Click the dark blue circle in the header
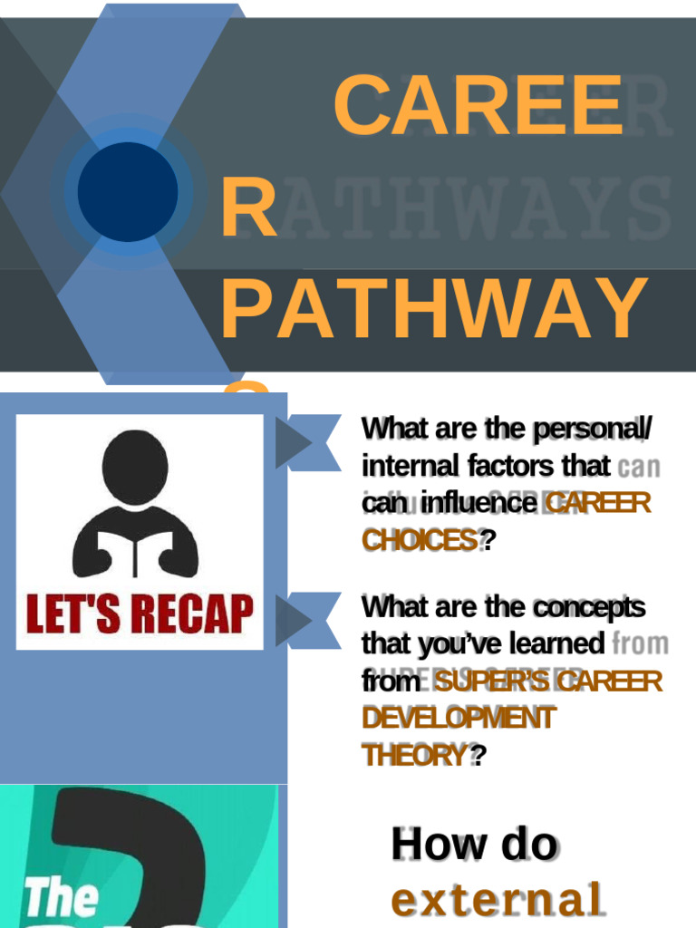(128, 191)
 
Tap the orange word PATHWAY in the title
(434, 309)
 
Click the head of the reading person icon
(135, 466)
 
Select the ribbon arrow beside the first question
(307, 441)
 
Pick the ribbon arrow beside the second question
(307, 620)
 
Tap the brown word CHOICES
(420, 540)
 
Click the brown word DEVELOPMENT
(458, 718)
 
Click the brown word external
(497, 900)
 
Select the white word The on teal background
(61, 897)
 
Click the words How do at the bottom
(474, 844)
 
